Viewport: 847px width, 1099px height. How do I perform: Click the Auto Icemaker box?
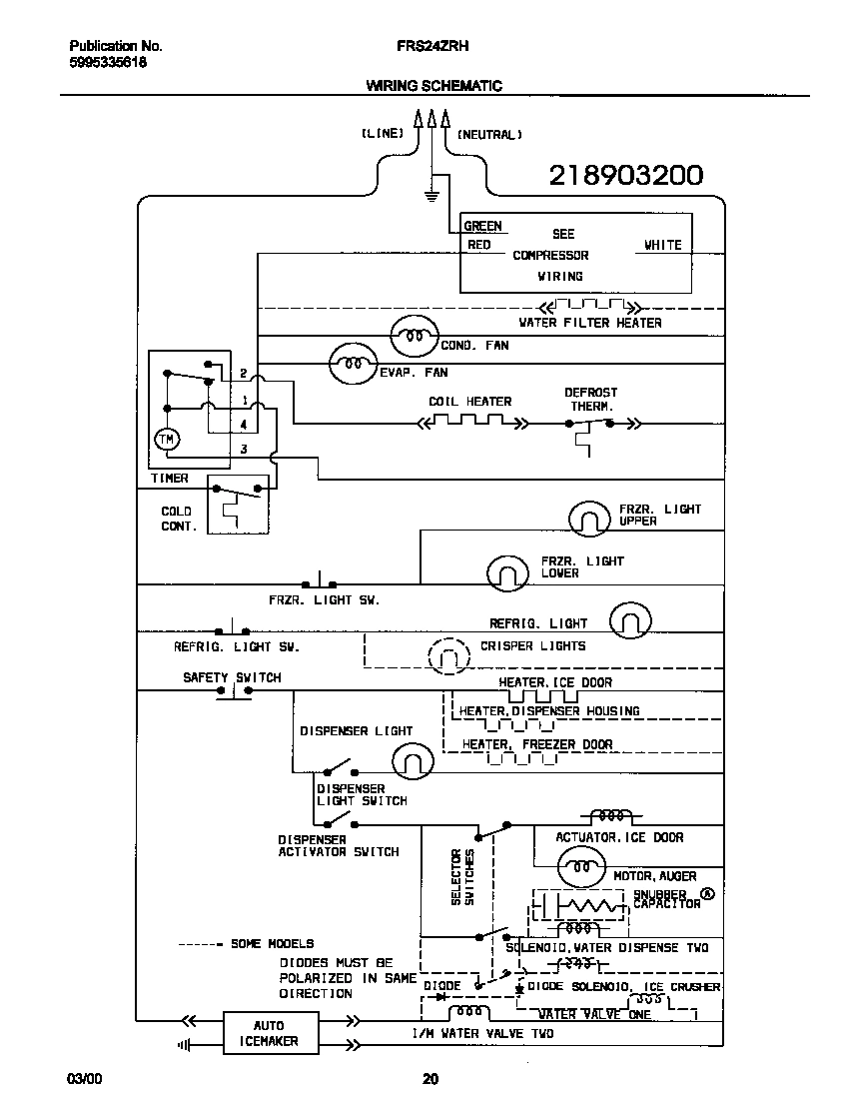268,1033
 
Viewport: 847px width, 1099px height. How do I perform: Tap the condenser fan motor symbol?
414,338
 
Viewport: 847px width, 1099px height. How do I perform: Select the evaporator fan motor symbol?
354,364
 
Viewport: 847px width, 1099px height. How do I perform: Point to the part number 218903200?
626,176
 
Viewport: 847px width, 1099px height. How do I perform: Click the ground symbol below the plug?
431,194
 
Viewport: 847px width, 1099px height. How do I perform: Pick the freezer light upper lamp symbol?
589,518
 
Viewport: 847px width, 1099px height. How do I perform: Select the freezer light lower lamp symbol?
507,572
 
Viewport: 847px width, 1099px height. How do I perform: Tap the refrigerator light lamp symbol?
630,621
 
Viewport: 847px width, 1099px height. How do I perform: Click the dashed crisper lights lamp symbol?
448,656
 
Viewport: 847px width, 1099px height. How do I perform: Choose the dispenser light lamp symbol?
412,762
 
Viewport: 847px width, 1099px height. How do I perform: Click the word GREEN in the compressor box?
482,226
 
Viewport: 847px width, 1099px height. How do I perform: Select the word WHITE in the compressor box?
662,245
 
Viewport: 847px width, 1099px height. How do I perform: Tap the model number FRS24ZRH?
432,46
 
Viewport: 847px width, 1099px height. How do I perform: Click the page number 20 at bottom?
429,1078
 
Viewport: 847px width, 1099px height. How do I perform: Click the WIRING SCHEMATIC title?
433,86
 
